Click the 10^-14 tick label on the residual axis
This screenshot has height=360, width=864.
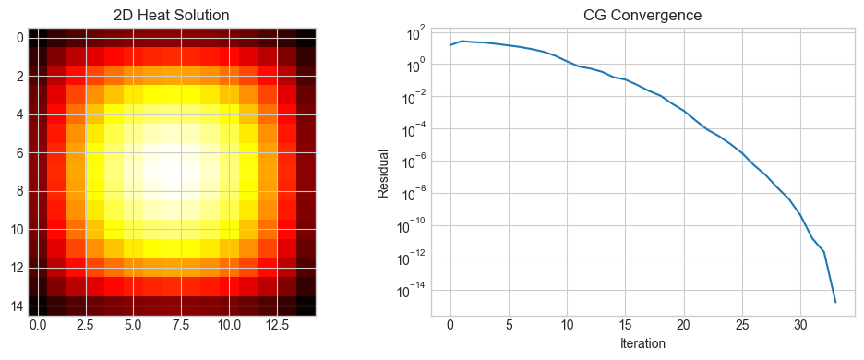pos(409,290)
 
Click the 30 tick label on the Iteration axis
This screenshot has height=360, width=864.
pos(800,326)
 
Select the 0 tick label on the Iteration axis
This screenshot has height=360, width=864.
pos(450,326)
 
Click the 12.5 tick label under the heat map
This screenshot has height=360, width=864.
pos(277,326)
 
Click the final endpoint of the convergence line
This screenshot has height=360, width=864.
pos(835,302)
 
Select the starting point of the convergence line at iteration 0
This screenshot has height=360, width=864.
pos(450,45)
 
